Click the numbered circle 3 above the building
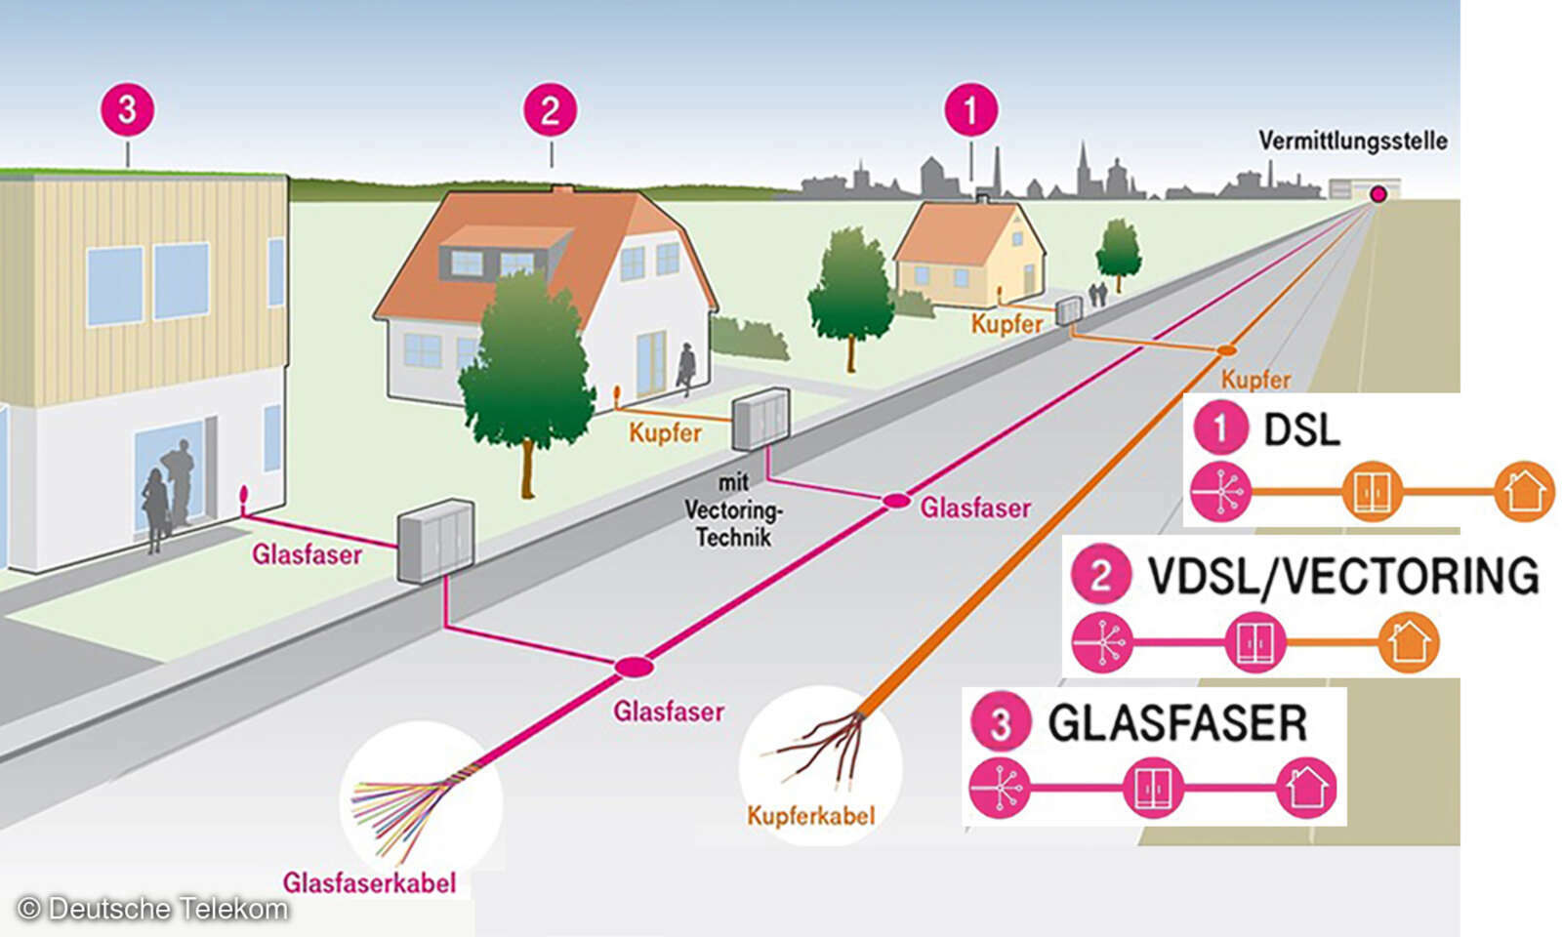click(127, 109)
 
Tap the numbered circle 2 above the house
click(550, 109)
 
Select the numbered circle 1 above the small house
click(970, 109)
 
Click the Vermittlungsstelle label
click(1352, 141)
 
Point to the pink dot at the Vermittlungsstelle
click(1377, 194)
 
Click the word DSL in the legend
click(1301, 429)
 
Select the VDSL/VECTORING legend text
click(1343, 576)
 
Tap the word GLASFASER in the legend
click(1176, 723)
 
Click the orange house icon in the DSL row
click(1524, 491)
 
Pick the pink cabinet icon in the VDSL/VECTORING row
click(1254, 642)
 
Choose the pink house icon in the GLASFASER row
click(1306, 787)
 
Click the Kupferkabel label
click(810, 816)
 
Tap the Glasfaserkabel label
click(369, 883)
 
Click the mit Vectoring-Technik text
click(732, 510)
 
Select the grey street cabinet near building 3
click(435, 540)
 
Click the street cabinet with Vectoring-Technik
click(760, 419)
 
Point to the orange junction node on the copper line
click(1226, 349)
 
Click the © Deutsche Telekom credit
click(152, 909)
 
